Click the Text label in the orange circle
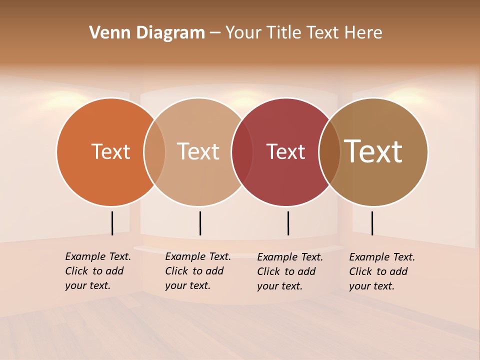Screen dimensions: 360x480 [x=110, y=151]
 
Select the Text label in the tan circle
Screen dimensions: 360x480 [x=198, y=151]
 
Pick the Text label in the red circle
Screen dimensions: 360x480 [x=285, y=151]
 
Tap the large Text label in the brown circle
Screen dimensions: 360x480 [x=373, y=151]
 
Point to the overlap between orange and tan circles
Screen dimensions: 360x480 [x=154, y=151]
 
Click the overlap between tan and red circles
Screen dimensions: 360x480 [x=241, y=151]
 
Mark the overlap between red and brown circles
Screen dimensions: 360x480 [x=329, y=151]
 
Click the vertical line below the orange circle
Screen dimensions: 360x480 [x=112, y=223]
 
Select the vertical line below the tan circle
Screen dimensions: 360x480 [x=200, y=223]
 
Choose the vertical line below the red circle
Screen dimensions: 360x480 [x=288, y=223]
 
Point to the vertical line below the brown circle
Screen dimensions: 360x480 [x=372, y=223]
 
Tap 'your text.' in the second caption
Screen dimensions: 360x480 [x=187, y=285]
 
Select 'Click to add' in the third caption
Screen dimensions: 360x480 [x=286, y=271]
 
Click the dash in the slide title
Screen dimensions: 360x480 [x=215, y=33]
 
